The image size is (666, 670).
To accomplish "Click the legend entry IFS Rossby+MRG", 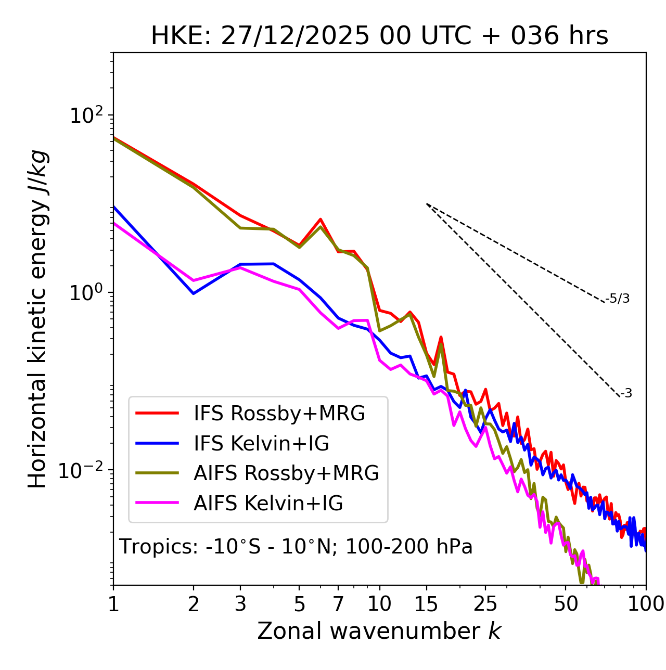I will coord(279,414).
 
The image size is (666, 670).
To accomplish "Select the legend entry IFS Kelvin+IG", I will coord(261,444).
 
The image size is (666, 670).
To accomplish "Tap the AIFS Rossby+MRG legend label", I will coord(286,473).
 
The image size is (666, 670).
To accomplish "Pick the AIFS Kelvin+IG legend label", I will coord(268,504).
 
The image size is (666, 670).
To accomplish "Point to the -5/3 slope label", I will coord(618,299).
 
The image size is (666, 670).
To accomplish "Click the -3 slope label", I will coord(626,394).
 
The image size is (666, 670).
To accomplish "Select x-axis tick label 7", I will coord(338,604).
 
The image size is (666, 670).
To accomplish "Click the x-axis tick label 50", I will coord(566,604).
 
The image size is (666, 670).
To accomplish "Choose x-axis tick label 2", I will coord(194,604).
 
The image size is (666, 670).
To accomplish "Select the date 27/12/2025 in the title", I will coord(295,36).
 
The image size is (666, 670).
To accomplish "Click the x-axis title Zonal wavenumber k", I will coord(379,631).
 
